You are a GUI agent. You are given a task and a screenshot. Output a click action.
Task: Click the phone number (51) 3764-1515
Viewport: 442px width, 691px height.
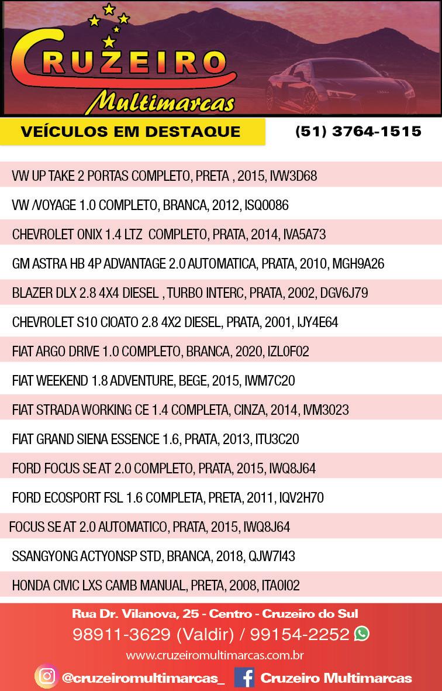click(358, 131)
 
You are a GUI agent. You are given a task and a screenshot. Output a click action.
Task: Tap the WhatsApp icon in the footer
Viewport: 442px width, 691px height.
click(362, 633)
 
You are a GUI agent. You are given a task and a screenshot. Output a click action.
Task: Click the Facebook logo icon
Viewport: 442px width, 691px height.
click(244, 678)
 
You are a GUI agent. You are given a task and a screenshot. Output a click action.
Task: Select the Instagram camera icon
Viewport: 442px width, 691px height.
click(46, 677)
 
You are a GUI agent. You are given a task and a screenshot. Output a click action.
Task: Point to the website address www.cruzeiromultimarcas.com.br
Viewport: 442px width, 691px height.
click(215, 655)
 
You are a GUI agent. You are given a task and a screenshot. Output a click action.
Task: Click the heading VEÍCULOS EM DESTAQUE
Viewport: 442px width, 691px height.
click(130, 132)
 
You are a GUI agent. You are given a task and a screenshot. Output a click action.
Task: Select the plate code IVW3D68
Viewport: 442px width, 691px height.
click(293, 176)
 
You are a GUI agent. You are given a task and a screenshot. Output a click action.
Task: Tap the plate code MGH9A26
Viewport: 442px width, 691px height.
click(358, 264)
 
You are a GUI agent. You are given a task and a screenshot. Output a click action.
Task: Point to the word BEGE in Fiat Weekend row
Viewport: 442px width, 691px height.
click(192, 381)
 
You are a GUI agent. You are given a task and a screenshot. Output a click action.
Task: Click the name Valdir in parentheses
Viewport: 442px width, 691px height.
click(204, 634)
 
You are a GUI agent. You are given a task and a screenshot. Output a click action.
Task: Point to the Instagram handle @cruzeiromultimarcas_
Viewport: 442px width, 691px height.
click(143, 678)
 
